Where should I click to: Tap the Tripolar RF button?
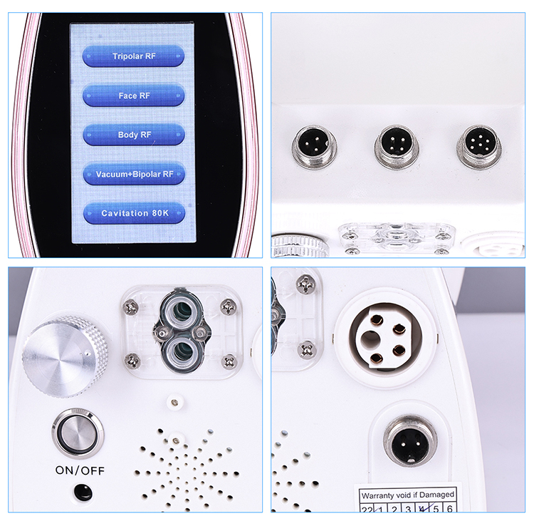coord(133,56)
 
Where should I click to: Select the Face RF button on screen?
coord(133,95)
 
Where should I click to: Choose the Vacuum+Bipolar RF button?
coord(133,173)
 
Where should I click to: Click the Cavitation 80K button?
coord(133,212)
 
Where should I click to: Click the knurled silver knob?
coord(65,356)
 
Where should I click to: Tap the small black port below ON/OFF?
coord(83,492)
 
